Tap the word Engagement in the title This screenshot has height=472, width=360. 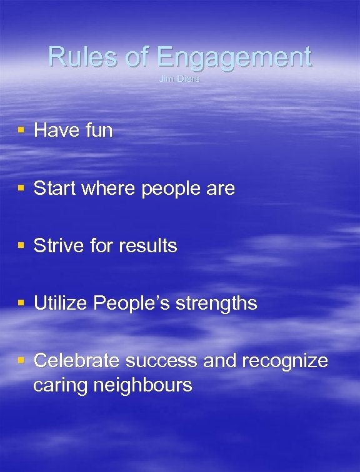[234, 58]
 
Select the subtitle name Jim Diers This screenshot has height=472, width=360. [179, 79]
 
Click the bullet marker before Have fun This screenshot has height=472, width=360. [21, 130]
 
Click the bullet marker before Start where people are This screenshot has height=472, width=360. [21, 187]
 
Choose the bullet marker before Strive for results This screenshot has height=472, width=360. [21, 245]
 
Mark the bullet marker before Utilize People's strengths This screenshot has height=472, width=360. [21, 302]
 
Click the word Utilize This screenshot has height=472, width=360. [60, 303]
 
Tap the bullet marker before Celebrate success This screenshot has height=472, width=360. [21, 360]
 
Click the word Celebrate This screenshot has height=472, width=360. [76, 360]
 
